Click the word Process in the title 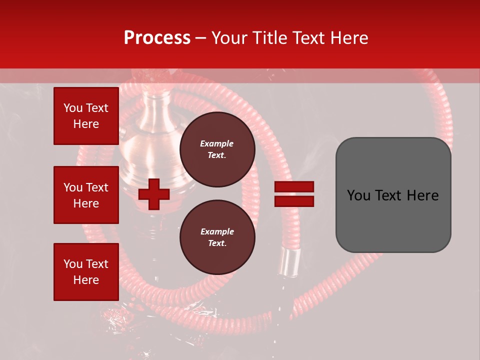157,38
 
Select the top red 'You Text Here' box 86,116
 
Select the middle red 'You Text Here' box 86,195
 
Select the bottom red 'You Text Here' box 86,272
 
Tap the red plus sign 154,194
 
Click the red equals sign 294,194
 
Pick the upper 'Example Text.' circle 217,149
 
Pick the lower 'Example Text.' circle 217,237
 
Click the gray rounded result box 393,194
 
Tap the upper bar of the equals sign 294,187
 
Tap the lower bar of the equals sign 294,201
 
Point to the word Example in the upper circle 217,143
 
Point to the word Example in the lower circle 217,231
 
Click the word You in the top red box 72,108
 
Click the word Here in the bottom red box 86,280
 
